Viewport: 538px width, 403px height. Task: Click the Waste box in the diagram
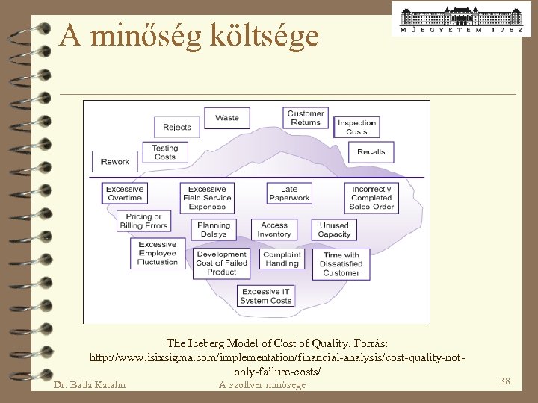click(x=227, y=118)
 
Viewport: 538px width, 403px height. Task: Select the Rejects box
click(x=177, y=127)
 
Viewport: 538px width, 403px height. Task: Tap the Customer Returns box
click(x=306, y=118)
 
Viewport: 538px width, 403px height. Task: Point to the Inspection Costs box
click(x=356, y=127)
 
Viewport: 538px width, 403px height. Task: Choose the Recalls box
click(x=371, y=151)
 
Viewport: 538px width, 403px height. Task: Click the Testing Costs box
click(x=165, y=152)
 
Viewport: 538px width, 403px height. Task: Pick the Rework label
click(x=115, y=162)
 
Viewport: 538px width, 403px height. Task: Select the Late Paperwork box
click(x=289, y=193)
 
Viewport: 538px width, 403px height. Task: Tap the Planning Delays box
click(x=214, y=230)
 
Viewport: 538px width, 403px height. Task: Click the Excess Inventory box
click(x=274, y=230)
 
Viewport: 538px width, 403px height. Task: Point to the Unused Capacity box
click(x=334, y=230)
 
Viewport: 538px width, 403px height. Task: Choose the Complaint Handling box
click(x=282, y=259)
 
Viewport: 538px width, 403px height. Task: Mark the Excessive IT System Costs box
click(x=265, y=296)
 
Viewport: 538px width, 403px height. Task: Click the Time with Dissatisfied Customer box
click(x=341, y=264)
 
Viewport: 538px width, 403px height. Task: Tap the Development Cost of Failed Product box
click(x=221, y=263)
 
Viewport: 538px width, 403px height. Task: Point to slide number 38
click(x=505, y=381)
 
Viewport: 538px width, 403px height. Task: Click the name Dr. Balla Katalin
click(x=90, y=385)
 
